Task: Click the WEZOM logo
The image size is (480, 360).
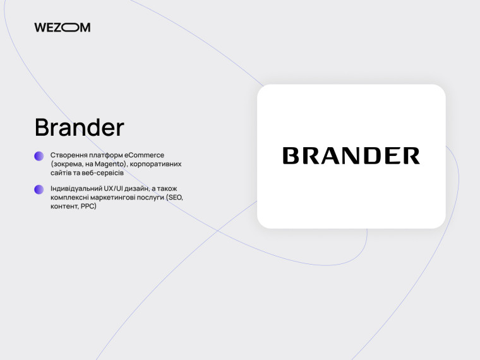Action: tap(63, 27)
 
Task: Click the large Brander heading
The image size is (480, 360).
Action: tap(80, 128)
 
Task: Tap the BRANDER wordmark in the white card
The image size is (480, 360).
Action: tap(351, 155)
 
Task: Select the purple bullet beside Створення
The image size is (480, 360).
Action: tap(39, 155)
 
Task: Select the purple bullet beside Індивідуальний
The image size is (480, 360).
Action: tap(39, 189)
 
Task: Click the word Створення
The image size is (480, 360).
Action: tap(69, 155)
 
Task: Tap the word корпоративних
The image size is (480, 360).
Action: tap(156, 164)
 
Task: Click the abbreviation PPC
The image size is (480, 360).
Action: tap(87, 207)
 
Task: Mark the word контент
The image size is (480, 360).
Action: tap(64, 207)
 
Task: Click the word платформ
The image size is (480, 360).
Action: tap(107, 155)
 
